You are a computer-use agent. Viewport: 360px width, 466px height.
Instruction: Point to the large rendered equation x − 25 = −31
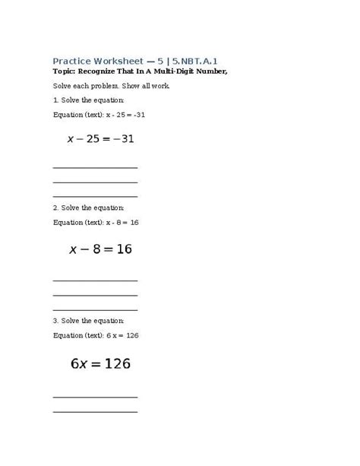(x=101, y=138)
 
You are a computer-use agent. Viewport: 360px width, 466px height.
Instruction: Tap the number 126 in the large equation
(x=116, y=363)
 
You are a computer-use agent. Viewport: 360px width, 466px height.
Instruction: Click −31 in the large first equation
(x=121, y=138)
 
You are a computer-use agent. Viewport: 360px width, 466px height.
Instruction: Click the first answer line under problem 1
(x=95, y=167)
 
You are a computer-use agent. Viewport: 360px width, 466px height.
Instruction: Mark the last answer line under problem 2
(x=95, y=309)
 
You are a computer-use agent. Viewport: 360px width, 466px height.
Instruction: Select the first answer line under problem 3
(x=95, y=396)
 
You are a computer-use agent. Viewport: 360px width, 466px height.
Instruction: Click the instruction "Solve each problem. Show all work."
(x=112, y=85)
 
